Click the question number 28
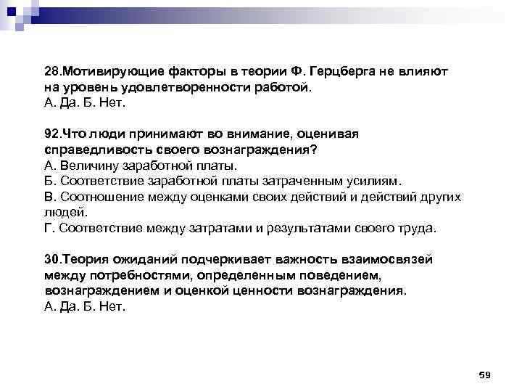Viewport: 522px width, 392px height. click(51, 73)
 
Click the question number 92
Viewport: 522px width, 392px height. click(51, 134)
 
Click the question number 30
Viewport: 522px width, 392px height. click(51, 259)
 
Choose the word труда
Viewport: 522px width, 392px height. click(418, 228)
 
